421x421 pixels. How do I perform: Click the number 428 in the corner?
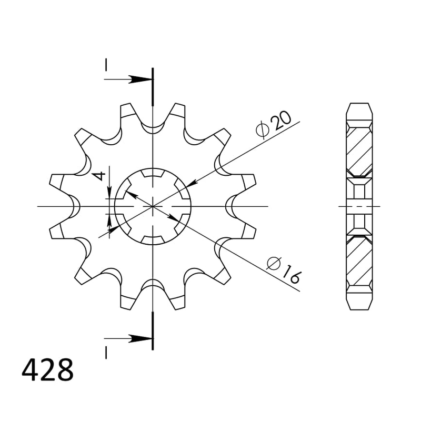[47, 370]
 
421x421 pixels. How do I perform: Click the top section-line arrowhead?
[141, 79]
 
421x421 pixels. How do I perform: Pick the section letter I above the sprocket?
[106, 65]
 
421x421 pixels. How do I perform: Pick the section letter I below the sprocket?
[106, 352]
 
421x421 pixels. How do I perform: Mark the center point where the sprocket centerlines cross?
[153, 206]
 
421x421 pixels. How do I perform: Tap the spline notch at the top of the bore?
[153, 173]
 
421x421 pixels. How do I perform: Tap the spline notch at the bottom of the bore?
[153, 240]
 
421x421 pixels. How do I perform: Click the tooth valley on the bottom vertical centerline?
[153, 282]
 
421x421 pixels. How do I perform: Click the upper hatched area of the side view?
[359, 150]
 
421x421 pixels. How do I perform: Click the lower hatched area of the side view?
[359, 262]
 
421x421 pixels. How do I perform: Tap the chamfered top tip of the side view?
[359, 109]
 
